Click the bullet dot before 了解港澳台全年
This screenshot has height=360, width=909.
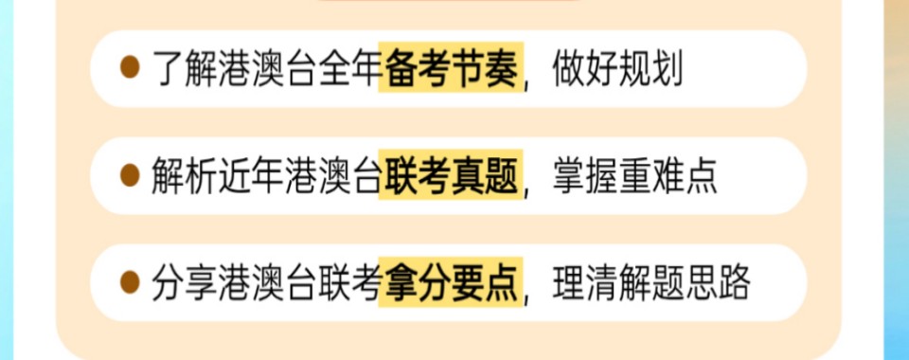pyautogui.click(x=130, y=68)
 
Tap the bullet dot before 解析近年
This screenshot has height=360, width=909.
pyautogui.click(x=130, y=175)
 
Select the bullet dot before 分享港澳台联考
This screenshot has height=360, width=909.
pyautogui.click(x=130, y=282)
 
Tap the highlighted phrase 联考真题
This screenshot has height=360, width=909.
pyautogui.click(x=450, y=175)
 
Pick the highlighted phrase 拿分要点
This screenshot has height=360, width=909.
pyautogui.click(x=450, y=282)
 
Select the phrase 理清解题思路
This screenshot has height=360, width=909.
pyautogui.click(x=651, y=282)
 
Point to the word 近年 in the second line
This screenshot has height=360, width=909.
pyautogui.click(x=253, y=175)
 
